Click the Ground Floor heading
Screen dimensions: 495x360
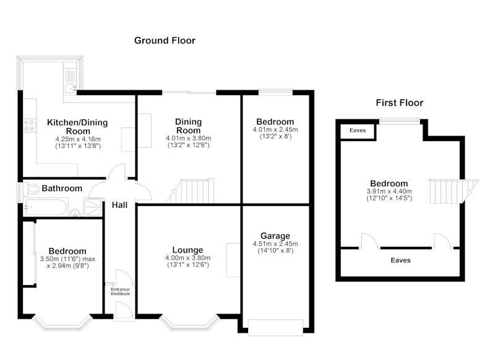click(165, 40)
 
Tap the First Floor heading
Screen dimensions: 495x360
click(399, 103)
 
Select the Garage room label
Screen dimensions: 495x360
click(275, 236)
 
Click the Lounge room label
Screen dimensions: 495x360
click(187, 250)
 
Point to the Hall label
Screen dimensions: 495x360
click(119, 205)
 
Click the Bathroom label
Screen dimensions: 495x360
click(62, 189)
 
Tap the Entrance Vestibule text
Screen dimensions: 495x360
click(120, 291)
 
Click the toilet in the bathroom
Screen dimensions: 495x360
click(32, 189)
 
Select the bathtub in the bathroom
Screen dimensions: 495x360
click(46, 207)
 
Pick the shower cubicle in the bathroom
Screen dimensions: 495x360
click(92, 207)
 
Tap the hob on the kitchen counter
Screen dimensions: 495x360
click(29, 126)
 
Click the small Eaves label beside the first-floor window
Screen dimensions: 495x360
click(358, 131)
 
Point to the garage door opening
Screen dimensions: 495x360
click(275, 327)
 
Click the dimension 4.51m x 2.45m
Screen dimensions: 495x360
click(275, 244)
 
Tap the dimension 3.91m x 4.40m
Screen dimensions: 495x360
click(389, 192)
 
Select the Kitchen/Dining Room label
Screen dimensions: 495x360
click(78, 127)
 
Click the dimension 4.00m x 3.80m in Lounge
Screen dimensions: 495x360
click(188, 258)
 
